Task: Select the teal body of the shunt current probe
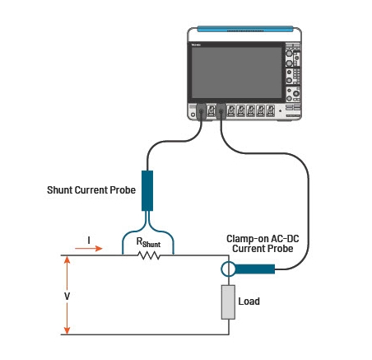click(x=149, y=190)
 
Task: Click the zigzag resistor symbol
click(x=148, y=255)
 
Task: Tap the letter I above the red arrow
click(x=89, y=241)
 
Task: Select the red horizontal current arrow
click(x=91, y=247)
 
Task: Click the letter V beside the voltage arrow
click(x=56, y=295)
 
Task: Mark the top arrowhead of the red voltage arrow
click(x=67, y=259)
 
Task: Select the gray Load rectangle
click(x=228, y=302)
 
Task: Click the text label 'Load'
click(x=249, y=302)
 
